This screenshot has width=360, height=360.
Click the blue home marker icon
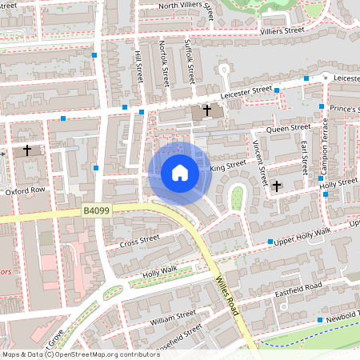(180, 173)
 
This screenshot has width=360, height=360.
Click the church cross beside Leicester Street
(207, 110)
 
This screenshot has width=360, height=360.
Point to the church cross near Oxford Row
(27, 150)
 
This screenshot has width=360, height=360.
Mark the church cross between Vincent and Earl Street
(277, 186)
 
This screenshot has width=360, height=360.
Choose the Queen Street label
(288, 128)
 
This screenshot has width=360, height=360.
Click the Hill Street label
(139, 66)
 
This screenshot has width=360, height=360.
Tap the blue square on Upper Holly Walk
(271, 242)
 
